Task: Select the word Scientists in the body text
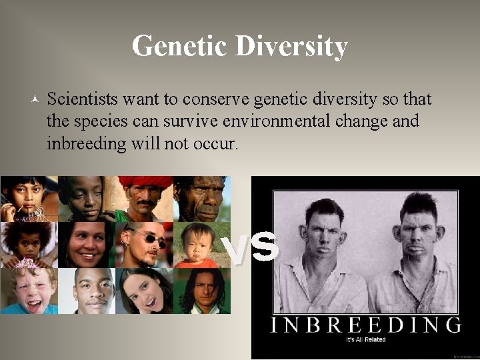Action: click(83, 99)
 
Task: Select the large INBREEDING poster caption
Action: click(365, 325)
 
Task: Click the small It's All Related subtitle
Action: click(365, 340)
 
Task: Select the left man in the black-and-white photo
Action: click(325, 247)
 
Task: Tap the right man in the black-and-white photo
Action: click(414, 247)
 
